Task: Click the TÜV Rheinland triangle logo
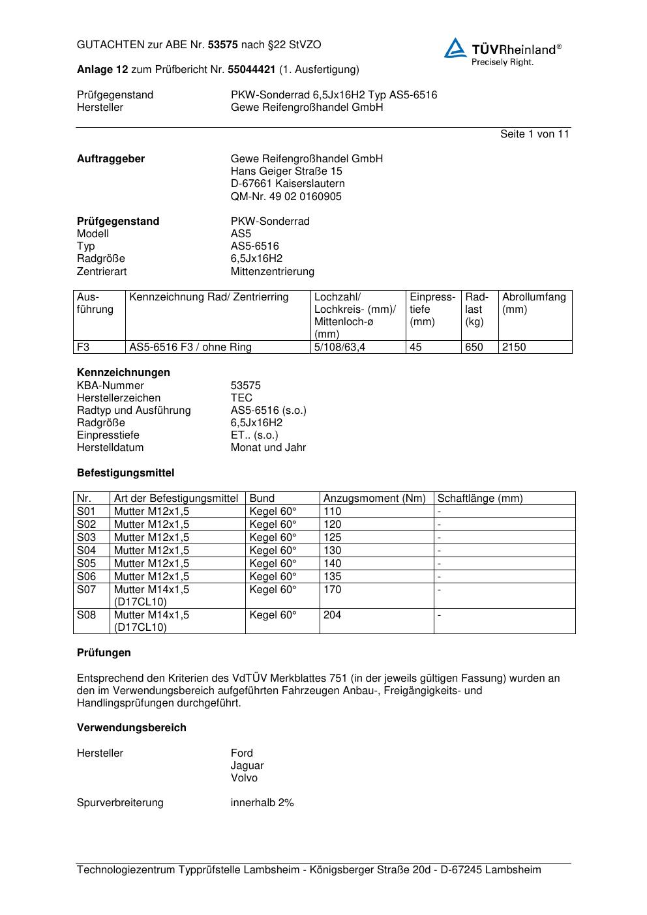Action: [x=455, y=48]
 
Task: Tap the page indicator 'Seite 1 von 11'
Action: [x=534, y=134]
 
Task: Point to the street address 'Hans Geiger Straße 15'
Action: [x=286, y=171]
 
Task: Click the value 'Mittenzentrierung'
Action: [x=272, y=271]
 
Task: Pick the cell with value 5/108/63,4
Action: [x=340, y=347]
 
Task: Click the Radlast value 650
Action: [x=474, y=347]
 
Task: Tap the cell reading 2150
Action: [x=514, y=347]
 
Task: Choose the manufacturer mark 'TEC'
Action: [x=241, y=398]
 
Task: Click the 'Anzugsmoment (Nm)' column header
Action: [x=374, y=499]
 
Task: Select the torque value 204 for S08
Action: [x=332, y=615]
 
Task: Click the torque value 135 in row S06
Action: [x=332, y=577]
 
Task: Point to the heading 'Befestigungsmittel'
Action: [x=125, y=472]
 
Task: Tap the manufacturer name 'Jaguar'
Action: [x=247, y=765]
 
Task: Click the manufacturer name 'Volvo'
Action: [x=244, y=777]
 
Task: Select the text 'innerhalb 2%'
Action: [x=262, y=802]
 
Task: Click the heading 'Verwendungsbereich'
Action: [x=131, y=727]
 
